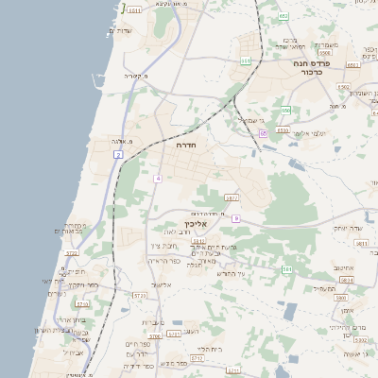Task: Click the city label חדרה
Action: click(x=184, y=146)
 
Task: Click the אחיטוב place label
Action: click(x=343, y=268)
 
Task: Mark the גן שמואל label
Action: click(x=249, y=120)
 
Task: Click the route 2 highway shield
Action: click(x=119, y=152)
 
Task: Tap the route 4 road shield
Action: click(x=158, y=179)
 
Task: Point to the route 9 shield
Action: click(x=235, y=218)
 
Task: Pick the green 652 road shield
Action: click(x=283, y=16)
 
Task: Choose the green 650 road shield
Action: click(x=284, y=111)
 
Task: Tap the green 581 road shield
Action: click(x=287, y=269)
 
